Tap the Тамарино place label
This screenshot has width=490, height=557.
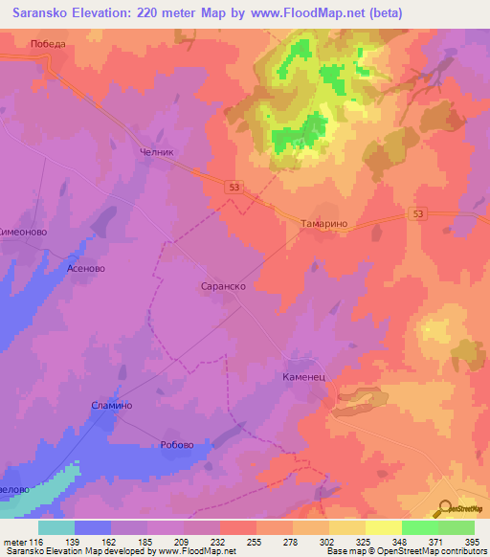pos(328,222)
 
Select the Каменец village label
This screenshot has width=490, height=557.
pos(305,377)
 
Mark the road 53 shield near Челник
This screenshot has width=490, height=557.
pos(234,188)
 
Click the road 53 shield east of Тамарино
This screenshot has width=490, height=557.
pos(418,212)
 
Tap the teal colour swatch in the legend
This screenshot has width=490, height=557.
pos(56,527)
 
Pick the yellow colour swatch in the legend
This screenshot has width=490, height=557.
pos(384,527)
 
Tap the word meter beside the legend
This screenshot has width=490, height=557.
pos(12,543)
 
